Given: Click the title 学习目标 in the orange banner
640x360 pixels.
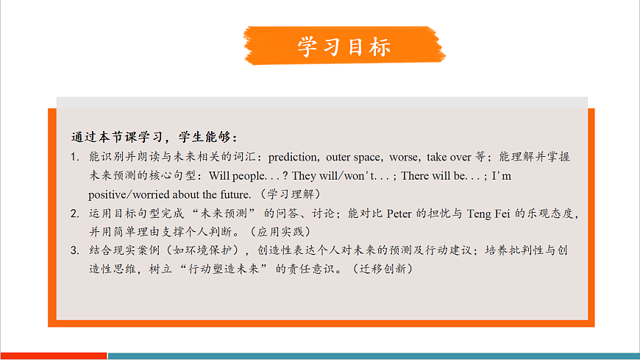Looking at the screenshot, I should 344,46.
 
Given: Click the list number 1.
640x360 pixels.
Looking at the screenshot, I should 75,158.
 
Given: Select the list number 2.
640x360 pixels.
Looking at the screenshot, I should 75,214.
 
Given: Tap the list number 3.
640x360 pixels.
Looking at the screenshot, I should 75,251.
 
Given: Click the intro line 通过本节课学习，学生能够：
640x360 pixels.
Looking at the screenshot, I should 155,138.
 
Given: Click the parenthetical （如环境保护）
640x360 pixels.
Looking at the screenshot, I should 214,251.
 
